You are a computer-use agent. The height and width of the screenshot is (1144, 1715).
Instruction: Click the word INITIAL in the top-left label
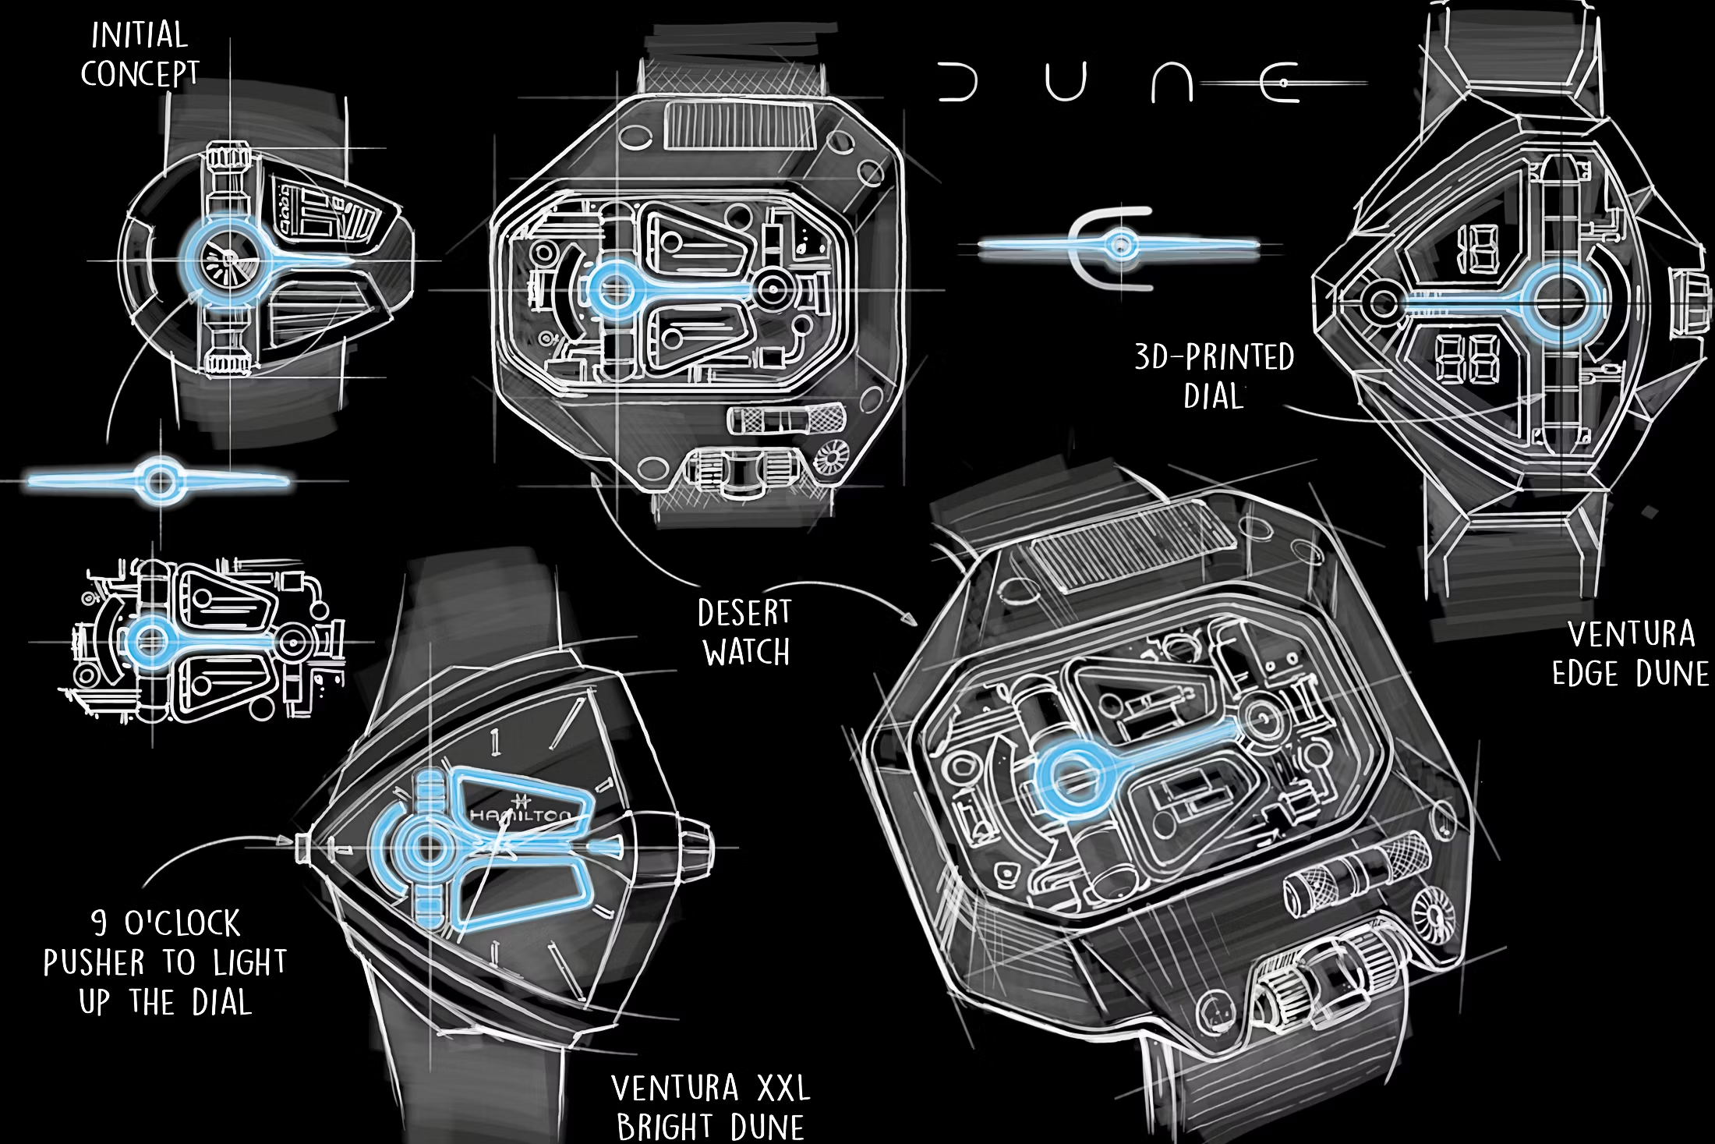pyautogui.click(x=140, y=35)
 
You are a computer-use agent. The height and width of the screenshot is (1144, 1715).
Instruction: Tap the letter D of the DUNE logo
pyautogui.click(x=957, y=83)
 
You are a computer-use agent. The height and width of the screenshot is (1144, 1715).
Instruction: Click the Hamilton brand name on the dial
pyautogui.click(x=521, y=816)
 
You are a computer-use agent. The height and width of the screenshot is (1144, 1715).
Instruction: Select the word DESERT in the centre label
pyautogui.click(x=744, y=613)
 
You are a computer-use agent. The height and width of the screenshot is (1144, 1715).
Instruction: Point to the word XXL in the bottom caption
pyautogui.click(x=784, y=1088)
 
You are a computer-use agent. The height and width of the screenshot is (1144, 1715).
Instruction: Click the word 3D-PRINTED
pyautogui.click(x=1215, y=357)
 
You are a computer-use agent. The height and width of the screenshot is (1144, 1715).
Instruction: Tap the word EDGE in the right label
pyautogui.click(x=1586, y=674)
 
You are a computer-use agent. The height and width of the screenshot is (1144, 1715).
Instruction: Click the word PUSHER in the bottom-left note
pyautogui.click(x=94, y=963)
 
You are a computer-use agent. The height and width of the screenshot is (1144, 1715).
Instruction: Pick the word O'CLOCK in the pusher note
pyautogui.click(x=182, y=923)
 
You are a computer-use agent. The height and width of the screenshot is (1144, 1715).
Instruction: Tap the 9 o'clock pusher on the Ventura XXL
pyautogui.click(x=304, y=847)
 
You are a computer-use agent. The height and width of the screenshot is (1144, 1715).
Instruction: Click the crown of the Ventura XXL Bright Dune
pyautogui.click(x=697, y=848)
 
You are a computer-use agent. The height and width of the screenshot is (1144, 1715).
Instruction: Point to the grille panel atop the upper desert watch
pyautogui.click(x=739, y=125)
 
